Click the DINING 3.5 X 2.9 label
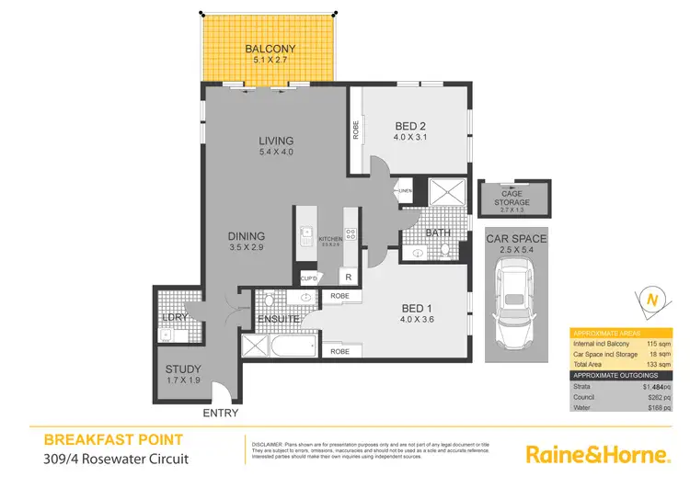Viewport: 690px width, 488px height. coord(246,242)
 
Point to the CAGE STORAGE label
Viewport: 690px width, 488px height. coord(512,199)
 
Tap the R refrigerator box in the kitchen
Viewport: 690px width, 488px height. coord(349,277)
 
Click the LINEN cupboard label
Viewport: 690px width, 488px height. coord(405,191)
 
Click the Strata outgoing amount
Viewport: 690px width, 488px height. coord(653,388)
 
